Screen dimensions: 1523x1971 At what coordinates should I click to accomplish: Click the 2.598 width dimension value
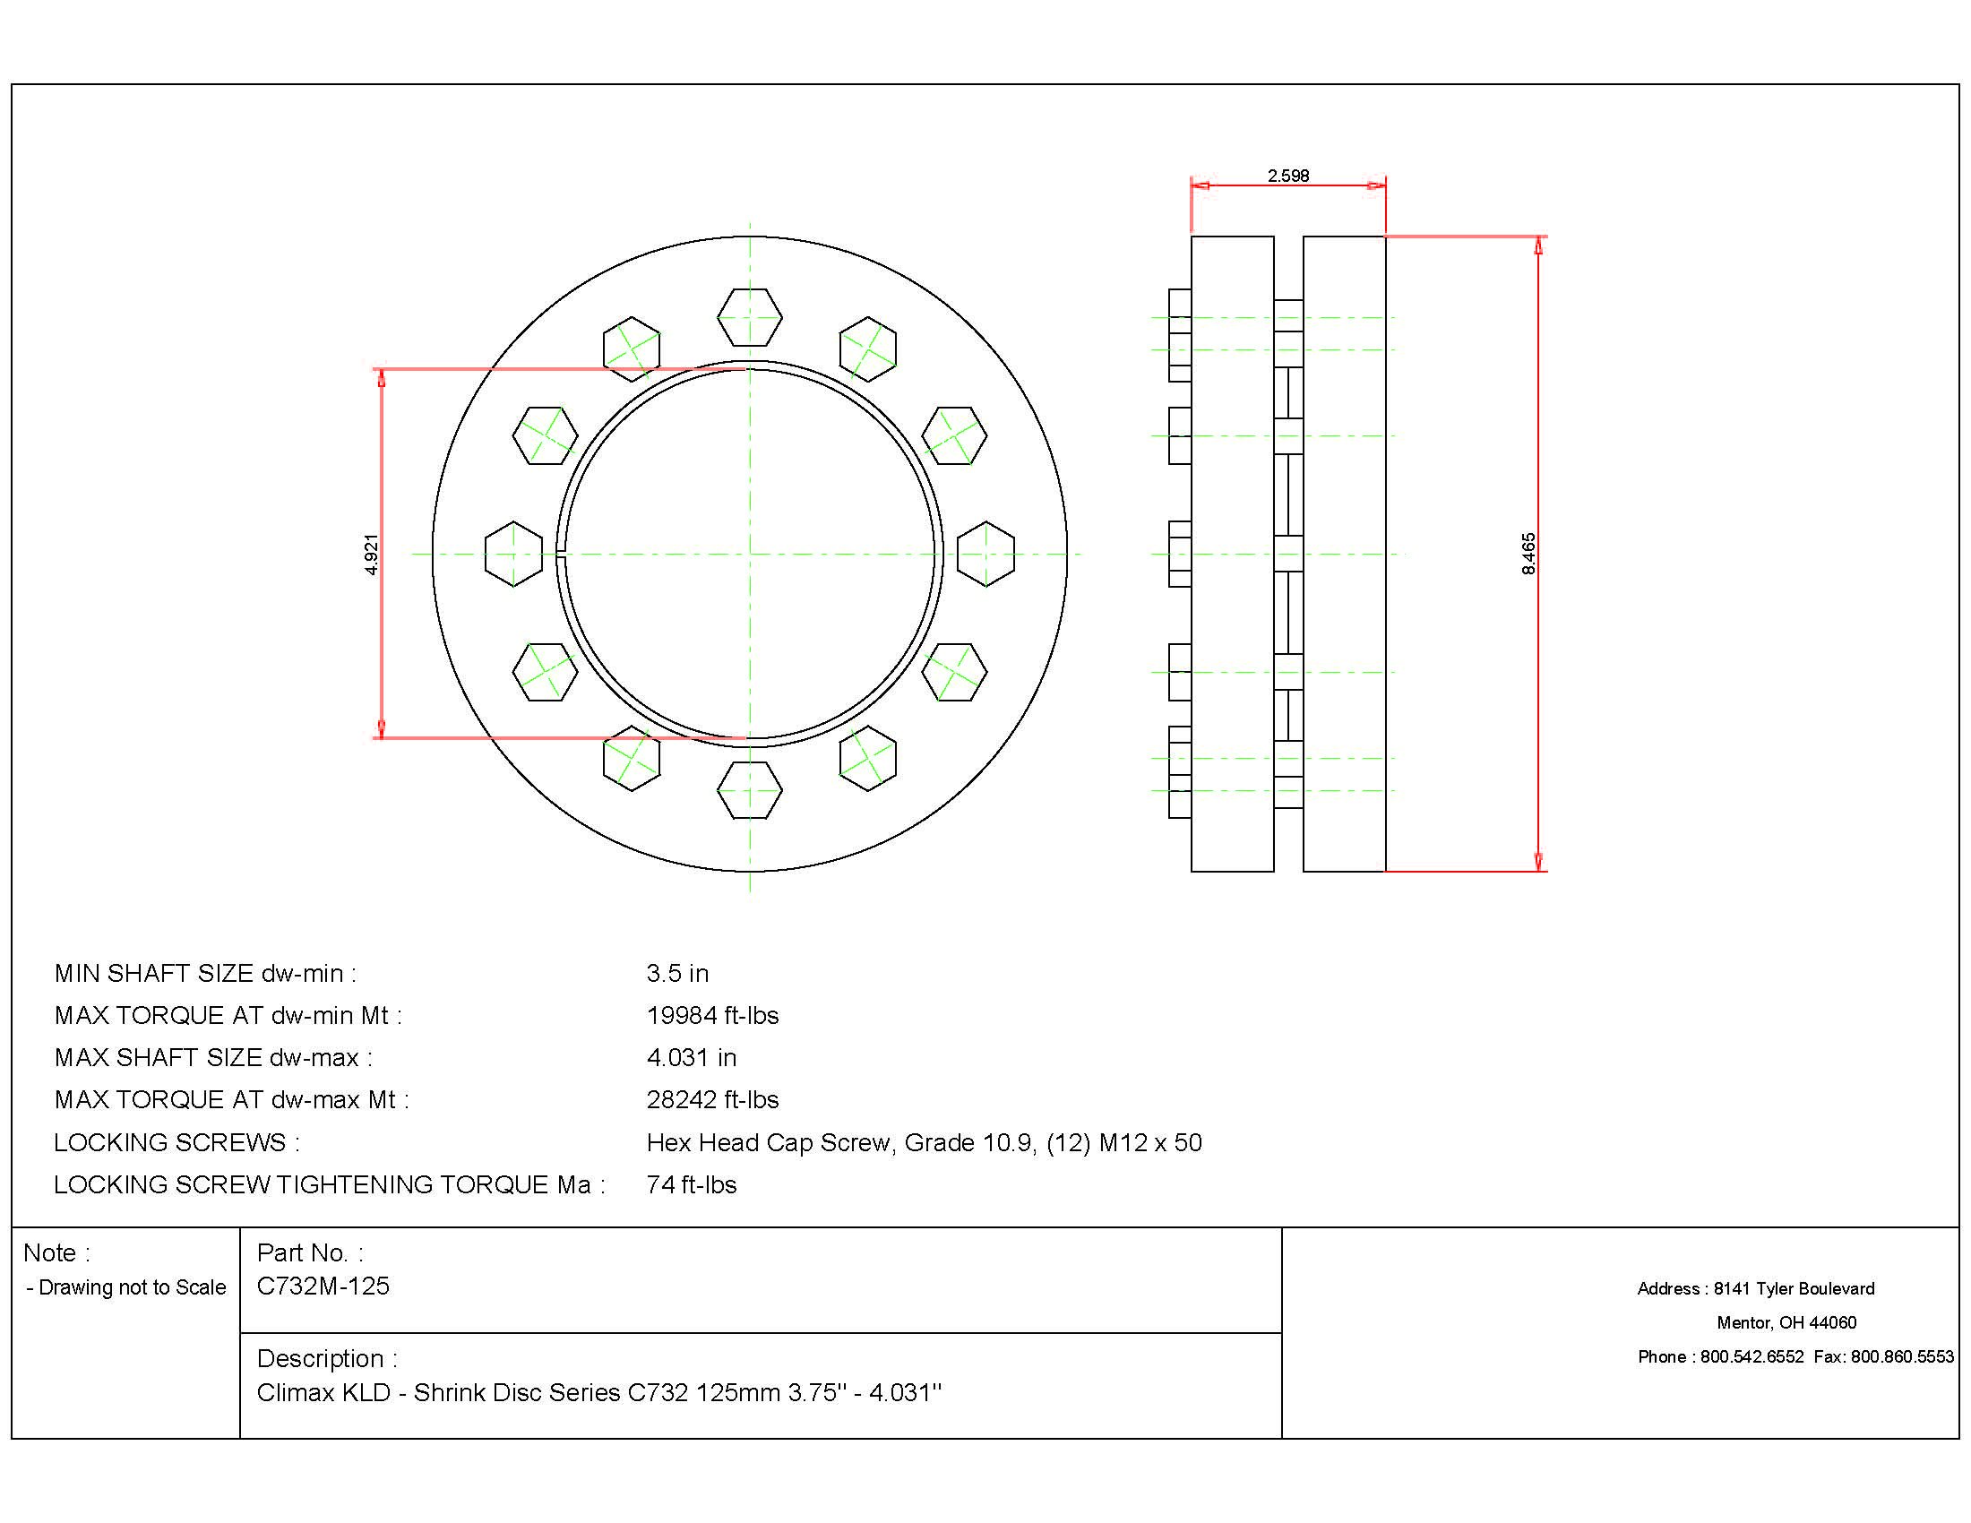[x=1287, y=175]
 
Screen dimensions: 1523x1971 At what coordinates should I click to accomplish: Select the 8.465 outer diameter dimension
[x=1528, y=554]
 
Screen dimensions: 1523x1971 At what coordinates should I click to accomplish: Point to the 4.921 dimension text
[x=371, y=554]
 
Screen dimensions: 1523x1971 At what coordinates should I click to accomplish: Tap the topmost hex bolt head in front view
[x=749, y=316]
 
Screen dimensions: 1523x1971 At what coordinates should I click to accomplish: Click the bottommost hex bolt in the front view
[x=749, y=790]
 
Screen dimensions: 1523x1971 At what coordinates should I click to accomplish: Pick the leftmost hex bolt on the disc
[x=513, y=554]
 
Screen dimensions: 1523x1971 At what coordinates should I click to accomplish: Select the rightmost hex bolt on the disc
[x=985, y=554]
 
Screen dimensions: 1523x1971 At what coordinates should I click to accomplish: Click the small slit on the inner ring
[x=561, y=554]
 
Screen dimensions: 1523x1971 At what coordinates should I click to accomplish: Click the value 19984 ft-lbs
[x=712, y=1016]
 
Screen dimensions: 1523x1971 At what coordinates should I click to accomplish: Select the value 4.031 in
[x=692, y=1057]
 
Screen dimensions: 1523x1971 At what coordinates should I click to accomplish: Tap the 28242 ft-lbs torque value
[x=712, y=1100]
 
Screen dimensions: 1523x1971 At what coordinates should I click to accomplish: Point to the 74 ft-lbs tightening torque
[x=692, y=1184]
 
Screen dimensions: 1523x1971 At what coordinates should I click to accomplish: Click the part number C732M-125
[x=323, y=1286]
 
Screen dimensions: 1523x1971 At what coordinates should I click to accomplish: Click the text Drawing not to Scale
[x=132, y=1287]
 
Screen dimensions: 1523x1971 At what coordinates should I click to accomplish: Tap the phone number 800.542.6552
[x=1752, y=1357]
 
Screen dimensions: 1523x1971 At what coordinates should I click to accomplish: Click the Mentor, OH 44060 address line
[x=1786, y=1322]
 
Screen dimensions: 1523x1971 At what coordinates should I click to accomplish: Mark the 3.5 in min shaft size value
[x=676, y=974]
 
